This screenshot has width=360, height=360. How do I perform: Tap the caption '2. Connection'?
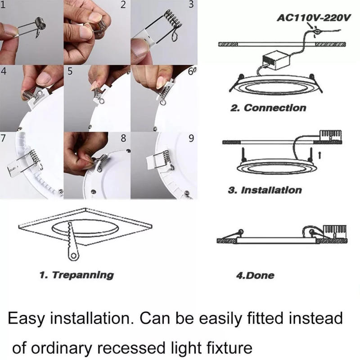[x=268, y=108]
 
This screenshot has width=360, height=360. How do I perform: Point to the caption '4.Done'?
[x=255, y=274]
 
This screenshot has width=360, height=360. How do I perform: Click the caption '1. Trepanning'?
[x=76, y=274]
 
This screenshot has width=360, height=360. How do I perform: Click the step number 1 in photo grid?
[x=4, y=6]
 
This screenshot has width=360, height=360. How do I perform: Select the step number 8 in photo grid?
[x=123, y=138]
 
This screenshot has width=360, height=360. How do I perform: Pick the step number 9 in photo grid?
[x=191, y=138]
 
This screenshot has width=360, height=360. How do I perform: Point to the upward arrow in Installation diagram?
[x=319, y=155]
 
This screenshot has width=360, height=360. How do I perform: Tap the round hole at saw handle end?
[x=72, y=256]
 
